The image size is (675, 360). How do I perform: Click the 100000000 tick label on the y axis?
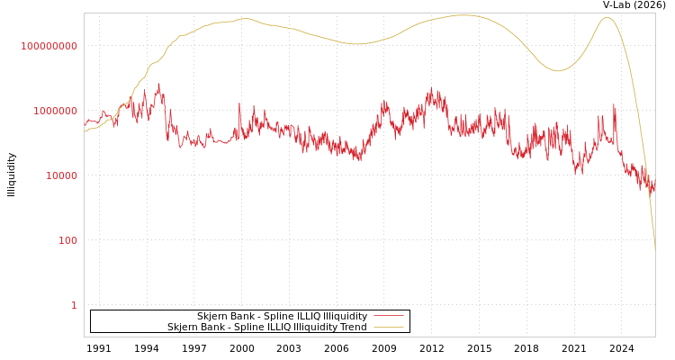tap(49, 46)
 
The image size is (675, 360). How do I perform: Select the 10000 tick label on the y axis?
tap(61, 175)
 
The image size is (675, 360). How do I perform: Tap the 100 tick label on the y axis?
tap(67, 240)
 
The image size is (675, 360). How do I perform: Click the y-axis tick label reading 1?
tap(74, 305)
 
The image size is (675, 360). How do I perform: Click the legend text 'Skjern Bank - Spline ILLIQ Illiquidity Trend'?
tap(266, 328)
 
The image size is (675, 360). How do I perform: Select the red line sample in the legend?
tap(388, 317)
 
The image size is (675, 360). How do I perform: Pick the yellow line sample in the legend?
tap(388, 328)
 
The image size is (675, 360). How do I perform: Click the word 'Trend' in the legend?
tap(352, 328)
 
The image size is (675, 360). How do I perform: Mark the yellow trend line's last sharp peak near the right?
tap(606, 17)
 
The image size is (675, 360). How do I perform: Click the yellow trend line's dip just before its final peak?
tap(558, 70)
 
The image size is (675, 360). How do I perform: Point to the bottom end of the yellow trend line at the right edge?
tap(655, 249)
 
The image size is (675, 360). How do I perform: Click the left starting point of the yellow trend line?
tap(85, 132)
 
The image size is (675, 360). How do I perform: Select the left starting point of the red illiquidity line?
tap(85, 127)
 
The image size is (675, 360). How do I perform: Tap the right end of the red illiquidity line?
tap(654, 184)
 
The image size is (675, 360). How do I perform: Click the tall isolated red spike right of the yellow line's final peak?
tap(615, 104)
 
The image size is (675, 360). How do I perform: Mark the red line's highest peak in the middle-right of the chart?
tap(431, 88)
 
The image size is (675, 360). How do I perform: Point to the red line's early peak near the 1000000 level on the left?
tap(159, 85)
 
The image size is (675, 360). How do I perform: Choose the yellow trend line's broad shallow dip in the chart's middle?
tap(356, 43)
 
